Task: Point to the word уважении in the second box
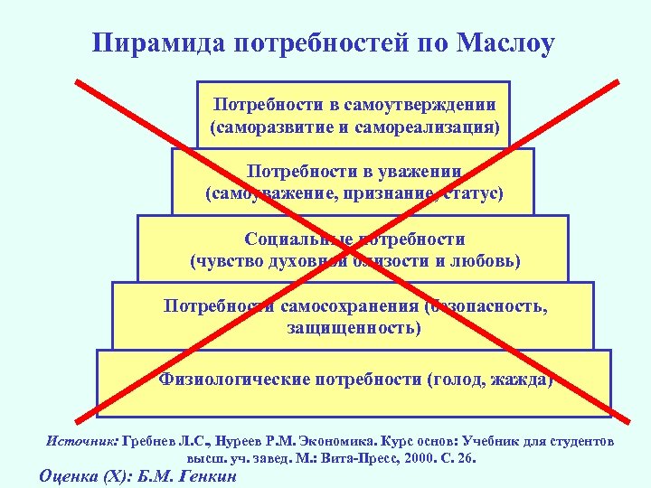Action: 425,171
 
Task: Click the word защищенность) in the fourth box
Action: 354,327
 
